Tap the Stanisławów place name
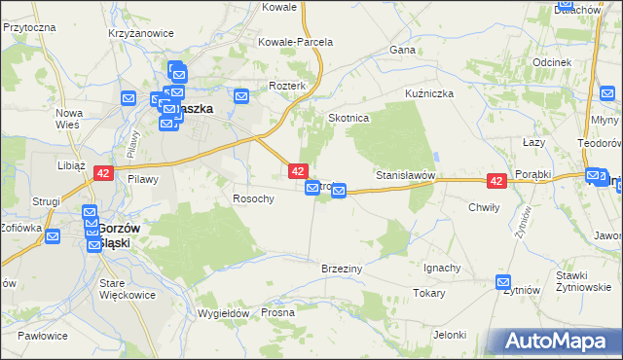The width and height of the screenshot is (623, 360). pos(404,176)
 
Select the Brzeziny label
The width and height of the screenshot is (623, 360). pos(342,268)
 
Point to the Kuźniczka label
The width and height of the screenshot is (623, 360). pos(430,93)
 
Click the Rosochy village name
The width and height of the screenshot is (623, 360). pos(253,198)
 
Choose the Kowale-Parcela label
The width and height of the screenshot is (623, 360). pos(295,42)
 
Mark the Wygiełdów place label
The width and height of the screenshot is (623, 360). pos(225,313)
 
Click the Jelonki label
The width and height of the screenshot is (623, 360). pos(451,335)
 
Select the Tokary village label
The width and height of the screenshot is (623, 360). pos(429,292)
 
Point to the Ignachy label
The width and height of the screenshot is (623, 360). pos(443,268)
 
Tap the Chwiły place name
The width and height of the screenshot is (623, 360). pos(484,206)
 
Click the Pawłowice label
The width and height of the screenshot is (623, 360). pos(43,336)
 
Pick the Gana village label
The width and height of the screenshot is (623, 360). pos(402,49)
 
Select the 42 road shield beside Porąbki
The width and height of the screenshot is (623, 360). pos(496,181)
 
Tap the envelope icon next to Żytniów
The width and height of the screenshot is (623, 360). pos(503,283)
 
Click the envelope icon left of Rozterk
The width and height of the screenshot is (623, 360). pos(241,95)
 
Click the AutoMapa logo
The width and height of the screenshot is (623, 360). pos(558,342)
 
